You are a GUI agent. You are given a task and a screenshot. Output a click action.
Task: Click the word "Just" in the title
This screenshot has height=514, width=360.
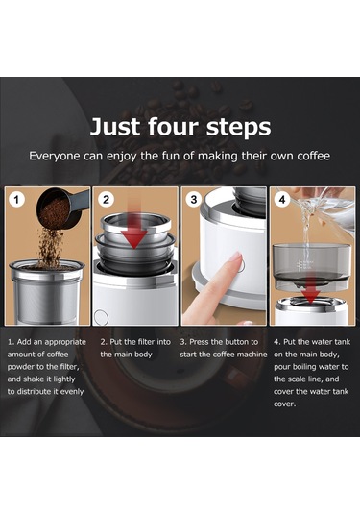click(114, 127)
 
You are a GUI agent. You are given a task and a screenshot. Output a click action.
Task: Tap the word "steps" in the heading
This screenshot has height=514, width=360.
click(235, 127)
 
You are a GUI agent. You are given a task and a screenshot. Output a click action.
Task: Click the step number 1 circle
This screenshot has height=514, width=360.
click(16, 201)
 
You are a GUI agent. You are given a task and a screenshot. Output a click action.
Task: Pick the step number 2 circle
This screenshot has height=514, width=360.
click(107, 201)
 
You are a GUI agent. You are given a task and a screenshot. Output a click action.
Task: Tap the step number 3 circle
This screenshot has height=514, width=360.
click(195, 201)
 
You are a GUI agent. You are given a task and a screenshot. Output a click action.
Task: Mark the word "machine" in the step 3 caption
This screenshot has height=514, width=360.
click(242, 355)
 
